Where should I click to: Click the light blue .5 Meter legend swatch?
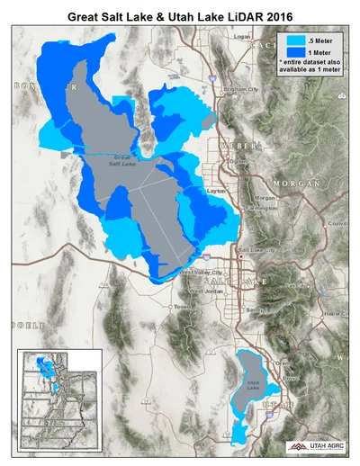[x=293, y=41]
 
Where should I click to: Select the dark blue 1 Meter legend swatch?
[x=293, y=54]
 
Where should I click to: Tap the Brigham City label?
[x=240, y=90]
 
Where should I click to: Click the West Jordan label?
[x=206, y=291]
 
